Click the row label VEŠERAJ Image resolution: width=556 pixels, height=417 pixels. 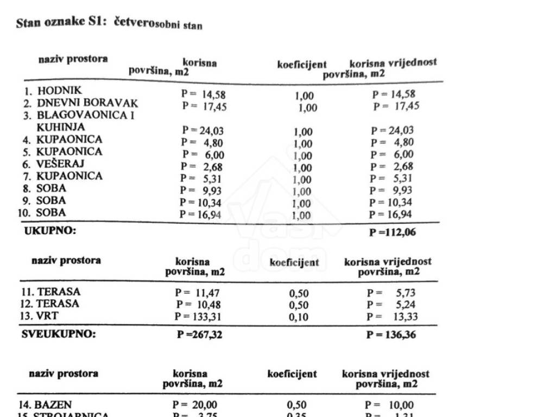click(54, 163)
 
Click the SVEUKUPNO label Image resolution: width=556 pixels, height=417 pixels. click(58, 334)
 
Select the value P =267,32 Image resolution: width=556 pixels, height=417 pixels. click(199, 335)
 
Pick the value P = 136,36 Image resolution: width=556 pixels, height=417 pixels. click(391, 335)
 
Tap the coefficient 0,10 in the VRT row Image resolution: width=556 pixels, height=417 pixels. click(298, 318)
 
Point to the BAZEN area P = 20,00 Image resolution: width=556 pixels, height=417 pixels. click(195, 405)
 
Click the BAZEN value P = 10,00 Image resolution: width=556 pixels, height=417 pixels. click(389, 405)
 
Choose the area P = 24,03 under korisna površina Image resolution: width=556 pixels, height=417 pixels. click(203, 130)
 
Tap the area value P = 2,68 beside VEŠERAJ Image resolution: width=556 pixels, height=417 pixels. click(201, 167)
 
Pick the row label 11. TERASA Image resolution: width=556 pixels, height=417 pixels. click(50, 292)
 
